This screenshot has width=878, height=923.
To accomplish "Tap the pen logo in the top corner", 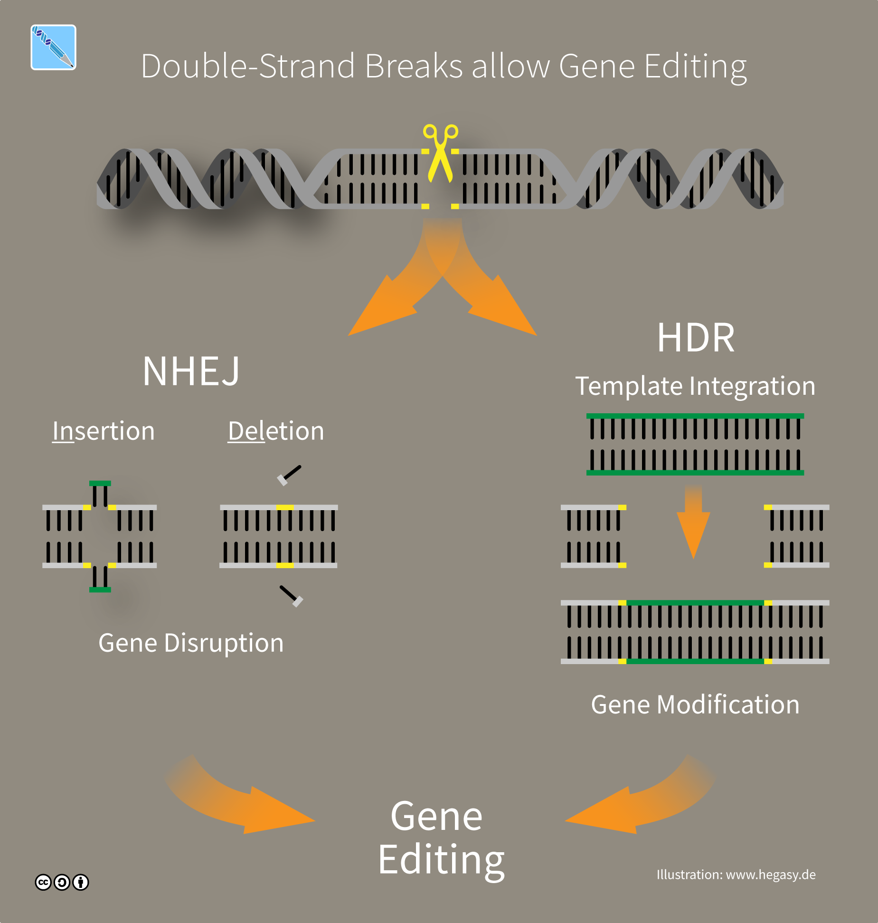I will pyautogui.click(x=53, y=48).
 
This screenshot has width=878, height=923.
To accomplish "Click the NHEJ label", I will pyautogui.click(x=191, y=371).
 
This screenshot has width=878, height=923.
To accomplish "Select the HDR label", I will pyautogui.click(x=696, y=338).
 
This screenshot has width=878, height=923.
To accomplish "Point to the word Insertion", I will pyautogui.click(x=104, y=431).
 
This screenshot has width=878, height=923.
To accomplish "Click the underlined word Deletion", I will pyautogui.click(x=276, y=431).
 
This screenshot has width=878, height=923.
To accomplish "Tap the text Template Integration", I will pyautogui.click(x=695, y=386).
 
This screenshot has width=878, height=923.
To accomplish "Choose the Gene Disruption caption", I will pyautogui.click(x=191, y=643).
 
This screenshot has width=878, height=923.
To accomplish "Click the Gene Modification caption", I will pyautogui.click(x=695, y=704).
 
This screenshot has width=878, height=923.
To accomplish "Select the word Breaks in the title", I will pyautogui.click(x=413, y=66).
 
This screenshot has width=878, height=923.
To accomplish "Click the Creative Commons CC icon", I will pyautogui.click(x=43, y=882).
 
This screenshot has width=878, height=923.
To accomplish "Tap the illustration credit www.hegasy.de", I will pyautogui.click(x=736, y=875).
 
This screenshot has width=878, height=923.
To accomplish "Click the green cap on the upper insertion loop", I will pyautogui.click(x=100, y=484).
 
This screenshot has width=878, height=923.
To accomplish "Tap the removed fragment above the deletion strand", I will pyautogui.click(x=289, y=475).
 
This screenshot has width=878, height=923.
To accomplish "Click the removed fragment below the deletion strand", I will pyautogui.click(x=291, y=596).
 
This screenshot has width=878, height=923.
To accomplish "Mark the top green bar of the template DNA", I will pyautogui.click(x=695, y=416).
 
